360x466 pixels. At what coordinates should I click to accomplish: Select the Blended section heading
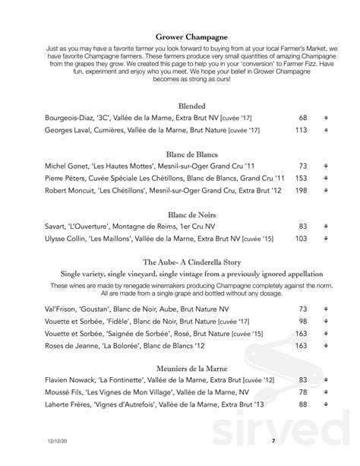180,106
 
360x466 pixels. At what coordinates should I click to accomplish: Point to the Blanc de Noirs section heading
181,214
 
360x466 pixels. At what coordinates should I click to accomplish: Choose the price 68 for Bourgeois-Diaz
303,119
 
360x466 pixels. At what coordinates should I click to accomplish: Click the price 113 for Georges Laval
302,131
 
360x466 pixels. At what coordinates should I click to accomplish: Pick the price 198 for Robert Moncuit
302,190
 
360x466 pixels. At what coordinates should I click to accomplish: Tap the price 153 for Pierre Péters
302,178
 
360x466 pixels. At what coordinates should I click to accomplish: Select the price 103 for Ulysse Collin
302,239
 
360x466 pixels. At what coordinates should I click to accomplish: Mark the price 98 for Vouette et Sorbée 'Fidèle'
303,322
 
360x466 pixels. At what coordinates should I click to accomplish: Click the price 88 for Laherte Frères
303,405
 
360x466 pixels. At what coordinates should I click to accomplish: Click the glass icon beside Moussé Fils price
325,393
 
